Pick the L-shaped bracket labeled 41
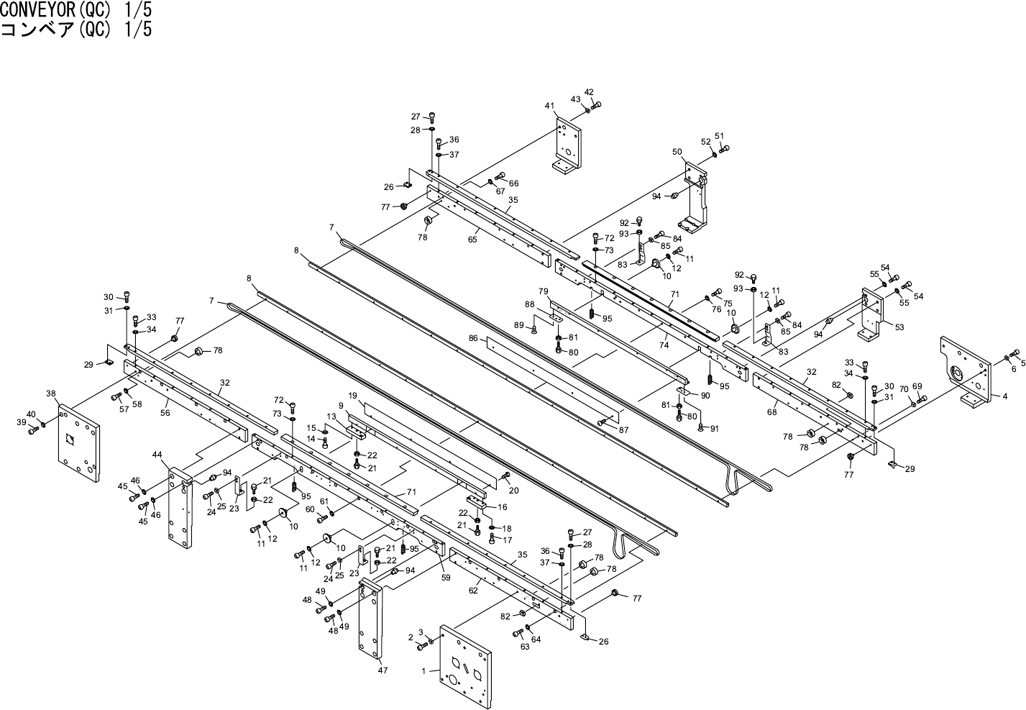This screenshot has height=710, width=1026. [x=568, y=147]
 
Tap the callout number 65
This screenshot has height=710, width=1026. [x=472, y=240]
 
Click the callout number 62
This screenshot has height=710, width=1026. [x=473, y=590]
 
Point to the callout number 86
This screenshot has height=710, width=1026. [x=473, y=337]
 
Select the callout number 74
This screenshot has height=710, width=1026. [x=664, y=345]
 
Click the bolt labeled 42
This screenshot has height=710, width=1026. [x=597, y=105]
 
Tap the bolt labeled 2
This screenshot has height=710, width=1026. [x=422, y=646]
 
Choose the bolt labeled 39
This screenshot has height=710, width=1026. [x=33, y=430]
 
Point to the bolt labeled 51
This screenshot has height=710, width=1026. [x=725, y=148]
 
